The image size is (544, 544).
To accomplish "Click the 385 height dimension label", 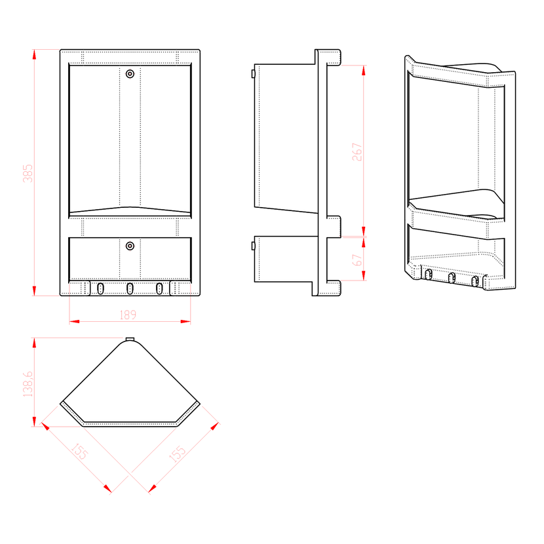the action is click(x=28, y=173).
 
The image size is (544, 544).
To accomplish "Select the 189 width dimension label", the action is click(x=128, y=315).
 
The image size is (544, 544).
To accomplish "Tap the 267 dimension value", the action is click(x=357, y=152).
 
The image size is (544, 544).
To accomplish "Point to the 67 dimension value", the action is click(x=357, y=260).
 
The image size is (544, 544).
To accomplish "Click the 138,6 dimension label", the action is click(x=28, y=384).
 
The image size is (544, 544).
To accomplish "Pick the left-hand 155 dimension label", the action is click(x=79, y=451).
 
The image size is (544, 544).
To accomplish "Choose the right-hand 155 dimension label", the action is click(x=177, y=454).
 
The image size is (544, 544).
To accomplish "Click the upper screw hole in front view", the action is click(x=130, y=74).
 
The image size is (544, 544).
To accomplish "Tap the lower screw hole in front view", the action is click(x=130, y=246).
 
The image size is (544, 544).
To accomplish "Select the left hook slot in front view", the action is click(x=100, y=288).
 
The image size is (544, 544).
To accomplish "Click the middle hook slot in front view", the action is click(x=130, y=288).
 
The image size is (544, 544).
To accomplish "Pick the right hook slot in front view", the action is click(x=159, y=288).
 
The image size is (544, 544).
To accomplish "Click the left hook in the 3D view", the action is click(x=429, y=275).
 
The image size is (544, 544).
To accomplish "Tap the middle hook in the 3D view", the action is click(x=452, y=278).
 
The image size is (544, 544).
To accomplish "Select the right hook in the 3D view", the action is click(x=475, y=281).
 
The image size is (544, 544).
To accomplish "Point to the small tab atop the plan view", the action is click(x=130, y=340).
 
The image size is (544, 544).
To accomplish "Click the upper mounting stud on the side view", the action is click(x=253, y=74).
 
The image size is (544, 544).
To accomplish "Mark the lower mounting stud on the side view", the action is click(x=253, y=246).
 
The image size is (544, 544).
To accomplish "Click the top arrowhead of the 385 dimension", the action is click(x=34, y=54).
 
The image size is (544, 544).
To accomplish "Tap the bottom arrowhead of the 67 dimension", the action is click(x=364, y=276).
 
